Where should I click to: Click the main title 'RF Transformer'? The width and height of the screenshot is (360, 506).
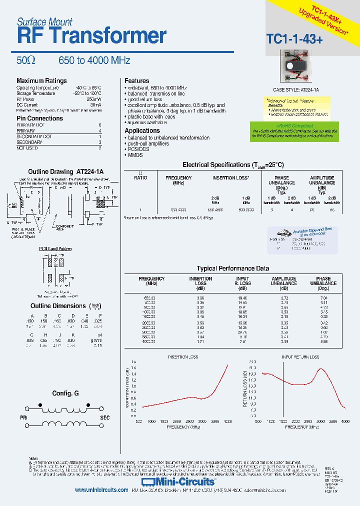click(91, 36)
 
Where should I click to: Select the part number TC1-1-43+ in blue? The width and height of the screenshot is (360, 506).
click(294, 39)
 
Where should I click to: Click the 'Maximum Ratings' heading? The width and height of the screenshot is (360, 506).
click(41, 81)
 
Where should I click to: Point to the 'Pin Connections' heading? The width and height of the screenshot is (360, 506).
click(40, 118)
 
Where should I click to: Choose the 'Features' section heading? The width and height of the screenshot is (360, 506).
click(137, 81)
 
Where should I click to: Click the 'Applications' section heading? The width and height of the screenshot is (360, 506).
click(142, 130)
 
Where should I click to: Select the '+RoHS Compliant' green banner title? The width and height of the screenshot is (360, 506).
click(295, 126)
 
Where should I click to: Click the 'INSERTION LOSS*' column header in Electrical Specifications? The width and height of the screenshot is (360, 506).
click(231, 178)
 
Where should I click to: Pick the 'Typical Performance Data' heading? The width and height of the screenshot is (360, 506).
click(232, 268)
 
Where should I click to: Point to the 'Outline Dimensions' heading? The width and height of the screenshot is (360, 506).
click(58, 306)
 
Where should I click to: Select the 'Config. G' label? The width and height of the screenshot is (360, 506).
click(65, 393)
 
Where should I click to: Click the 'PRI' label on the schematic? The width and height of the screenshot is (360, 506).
click(23, 416)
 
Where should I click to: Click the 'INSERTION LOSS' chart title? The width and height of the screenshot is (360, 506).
click(182, 357)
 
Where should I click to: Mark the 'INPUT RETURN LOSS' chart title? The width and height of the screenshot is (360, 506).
click(300, 357)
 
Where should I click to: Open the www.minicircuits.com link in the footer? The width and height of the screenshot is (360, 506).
click(101, 490)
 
